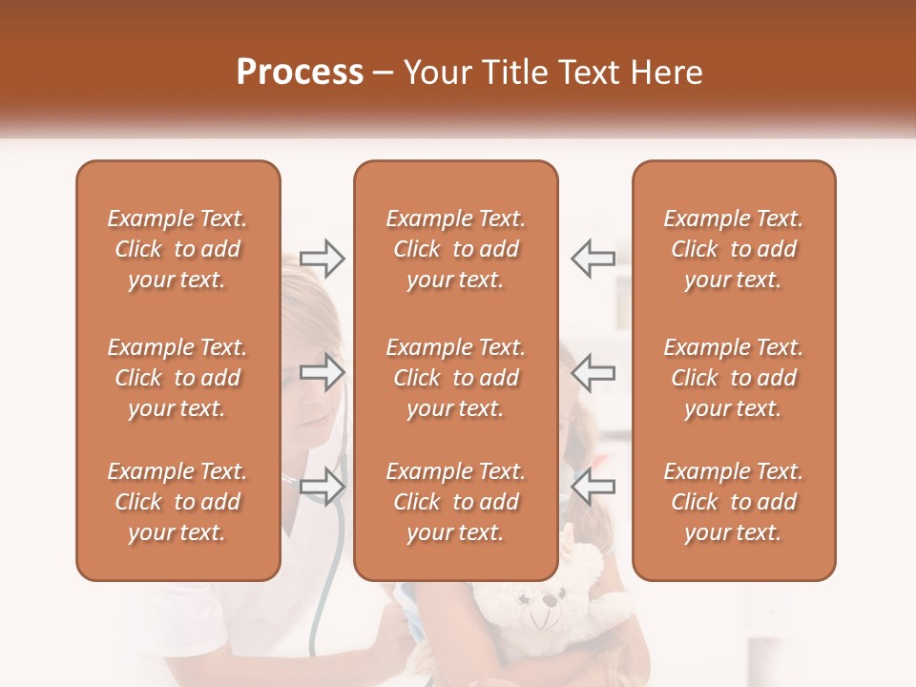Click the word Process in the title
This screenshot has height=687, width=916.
(300, 73)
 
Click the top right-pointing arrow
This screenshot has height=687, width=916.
(323, 259)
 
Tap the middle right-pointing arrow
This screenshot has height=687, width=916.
(323, 372)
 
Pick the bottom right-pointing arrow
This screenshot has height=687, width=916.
(323, 487)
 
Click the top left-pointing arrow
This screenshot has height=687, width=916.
(593, 259)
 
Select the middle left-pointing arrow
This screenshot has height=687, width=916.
(593, 372)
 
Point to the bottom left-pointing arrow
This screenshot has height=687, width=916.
(593, 487)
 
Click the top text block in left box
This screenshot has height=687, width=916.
(177, 249)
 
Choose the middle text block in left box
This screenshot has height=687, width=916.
(177, 378)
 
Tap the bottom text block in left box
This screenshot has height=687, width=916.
(177, 502)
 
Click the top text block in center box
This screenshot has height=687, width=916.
(455, 249)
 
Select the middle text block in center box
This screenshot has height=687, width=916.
(455, 378)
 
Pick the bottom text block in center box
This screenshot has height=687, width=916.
(455, 502)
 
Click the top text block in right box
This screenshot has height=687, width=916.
(733, 249)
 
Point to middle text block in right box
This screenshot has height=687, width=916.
(733, 378)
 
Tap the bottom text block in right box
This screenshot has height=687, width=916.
(733, 502)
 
